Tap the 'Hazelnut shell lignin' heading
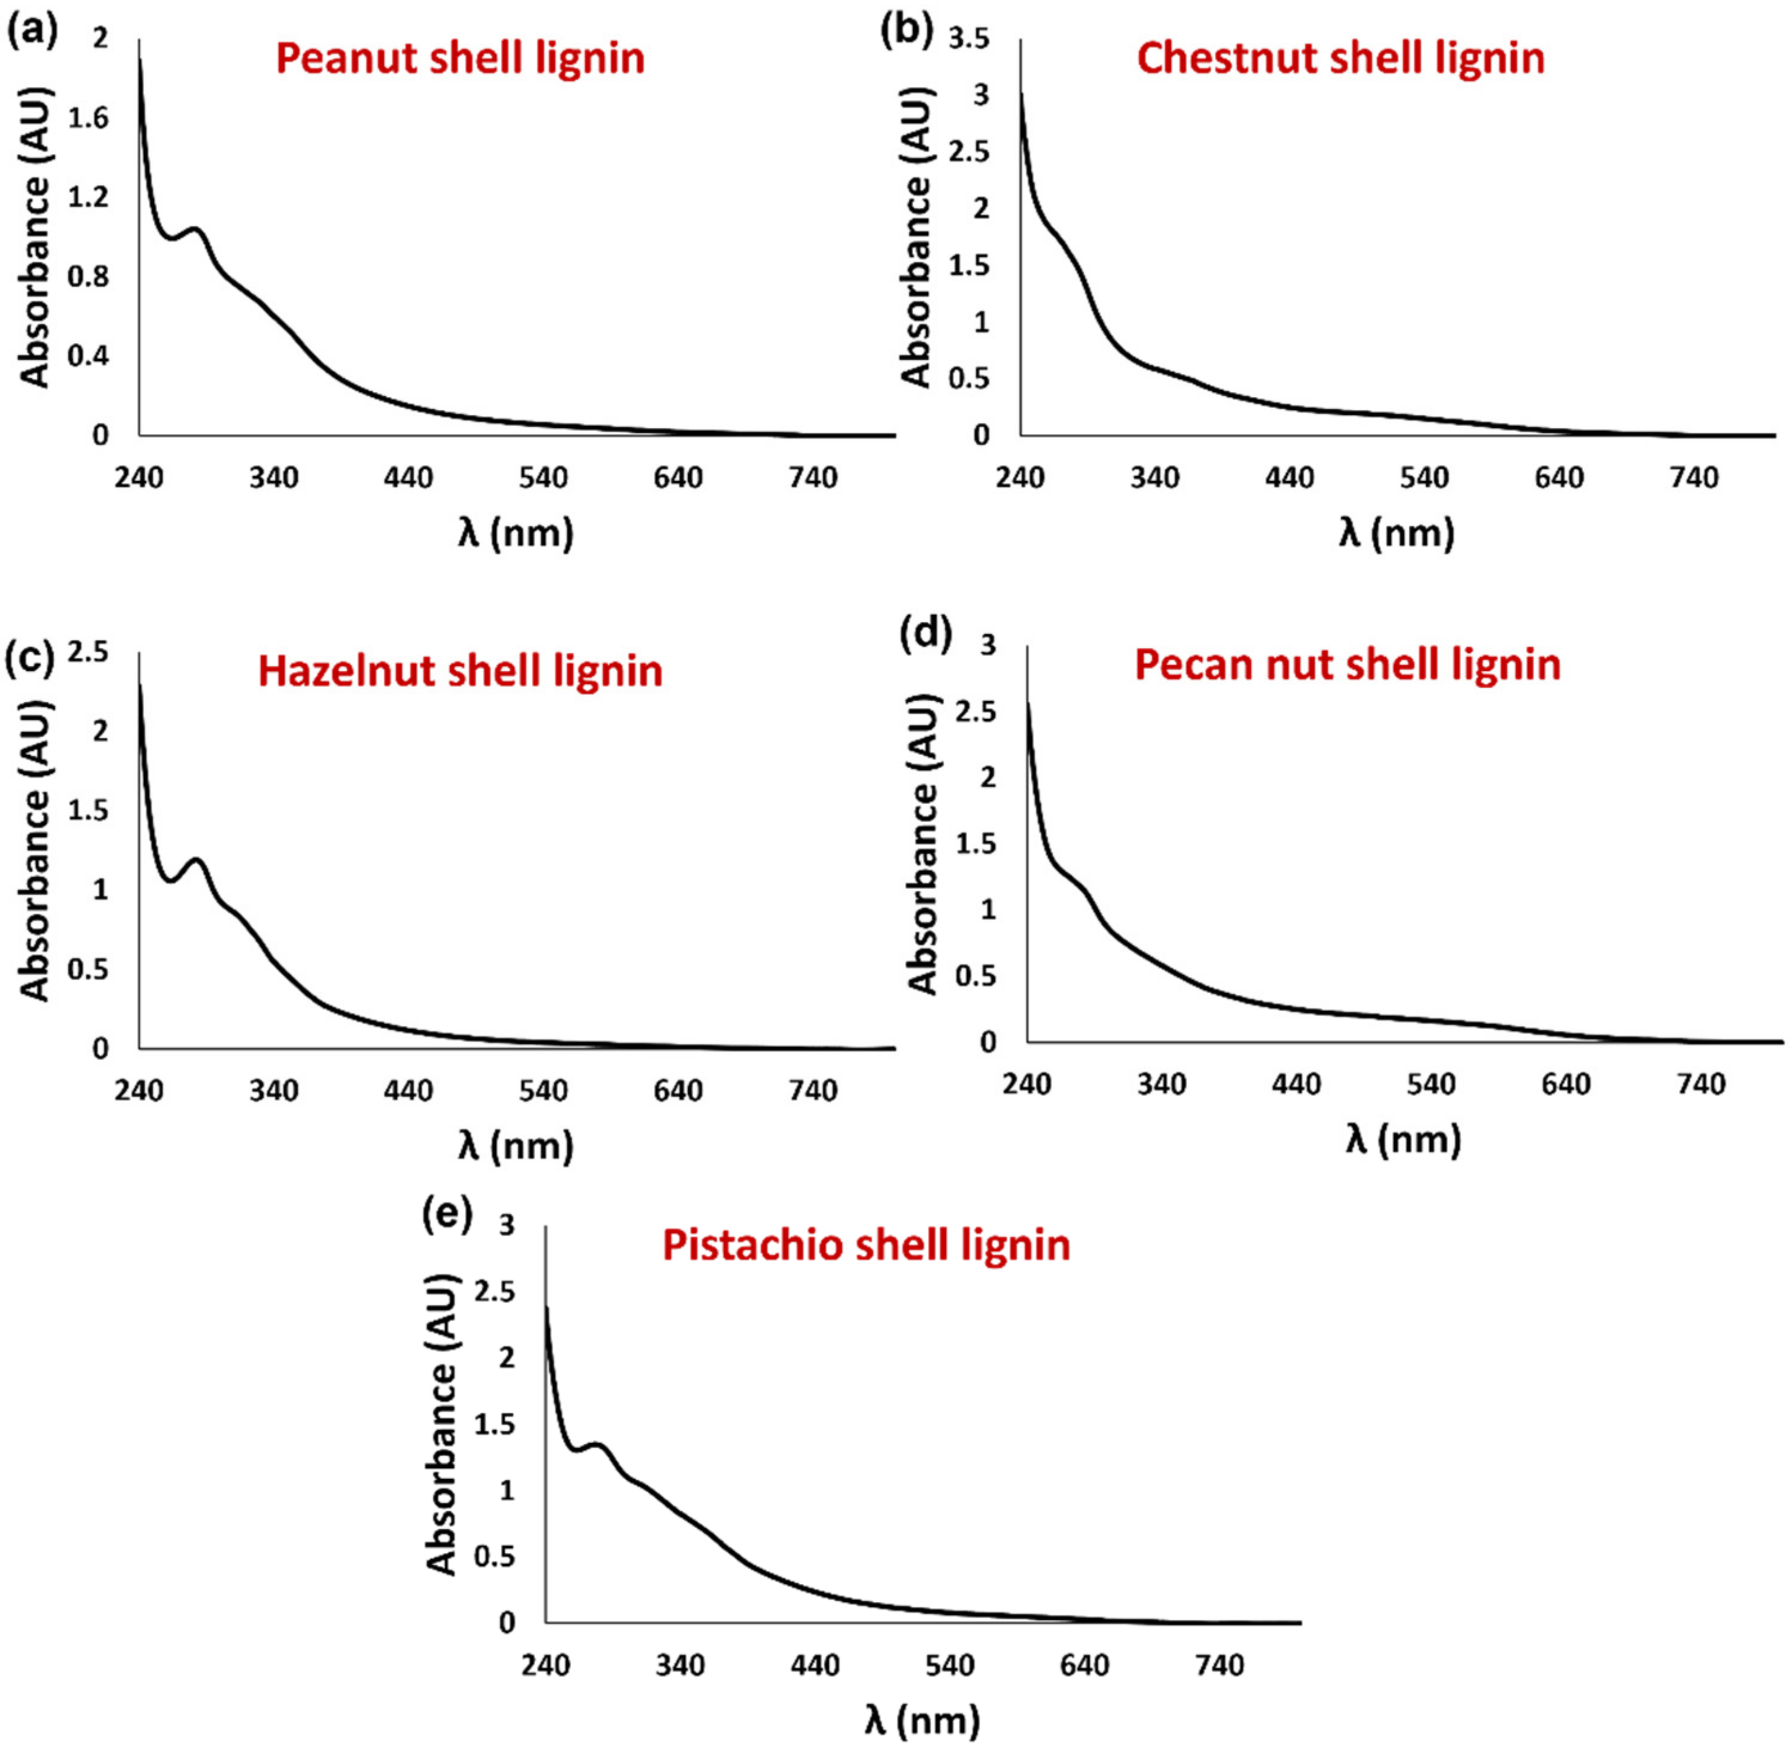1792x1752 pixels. coord(460,672)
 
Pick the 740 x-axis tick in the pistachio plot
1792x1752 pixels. coord(1220,1665)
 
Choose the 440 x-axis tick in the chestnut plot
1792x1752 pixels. coord(1290,479)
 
